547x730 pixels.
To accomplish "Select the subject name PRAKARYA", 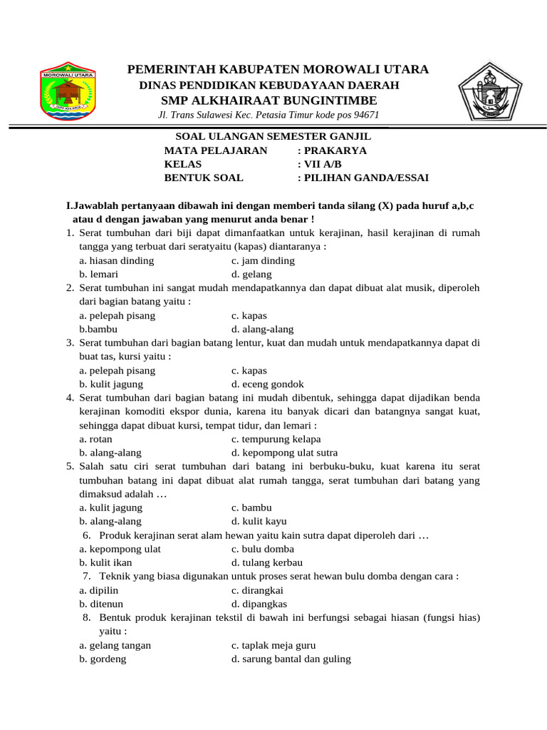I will click(x=335, y=150).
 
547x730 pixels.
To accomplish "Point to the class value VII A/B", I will click(x=318, y=164).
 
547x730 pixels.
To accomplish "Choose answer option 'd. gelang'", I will click(x=251, y=274).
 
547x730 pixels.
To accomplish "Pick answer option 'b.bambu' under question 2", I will click(x=98, y=329).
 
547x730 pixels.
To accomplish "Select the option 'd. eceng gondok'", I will click(x=267, y=384).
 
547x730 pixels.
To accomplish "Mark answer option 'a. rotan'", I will click(x=95, y=439).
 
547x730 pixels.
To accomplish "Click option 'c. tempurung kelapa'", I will click(x=276, y=439).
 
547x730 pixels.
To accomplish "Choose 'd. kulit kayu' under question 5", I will click(x=259, y=521).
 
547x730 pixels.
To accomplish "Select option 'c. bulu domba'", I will click(x=262, y=549).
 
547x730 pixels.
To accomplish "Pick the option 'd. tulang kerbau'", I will click(x=266, y=562).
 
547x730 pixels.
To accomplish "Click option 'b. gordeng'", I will click(x=103, y=659).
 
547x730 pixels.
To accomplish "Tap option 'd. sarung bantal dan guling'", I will click(x=291, y=659).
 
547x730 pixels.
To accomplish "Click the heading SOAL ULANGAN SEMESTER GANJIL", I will click(x=273, y=136).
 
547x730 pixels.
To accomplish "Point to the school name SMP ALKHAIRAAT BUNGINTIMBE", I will click(x=278, y=100).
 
